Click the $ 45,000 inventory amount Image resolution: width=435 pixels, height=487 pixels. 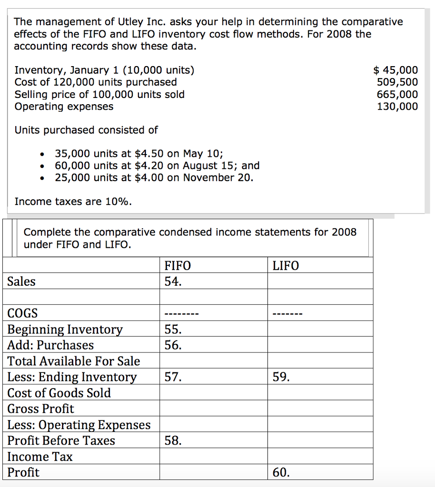395,70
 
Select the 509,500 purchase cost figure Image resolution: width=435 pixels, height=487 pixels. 397,82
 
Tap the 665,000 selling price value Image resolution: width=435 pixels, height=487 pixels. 397,94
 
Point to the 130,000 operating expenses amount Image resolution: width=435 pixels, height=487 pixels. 397,106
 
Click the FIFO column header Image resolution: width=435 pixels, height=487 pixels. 177,265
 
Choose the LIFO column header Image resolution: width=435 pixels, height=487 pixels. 286,265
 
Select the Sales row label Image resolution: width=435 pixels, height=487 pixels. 21,282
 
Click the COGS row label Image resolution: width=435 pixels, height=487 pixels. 22,313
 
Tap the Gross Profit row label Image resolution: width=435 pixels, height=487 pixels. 41,409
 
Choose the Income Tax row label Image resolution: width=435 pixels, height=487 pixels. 40,457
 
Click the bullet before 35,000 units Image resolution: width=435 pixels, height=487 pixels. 43,154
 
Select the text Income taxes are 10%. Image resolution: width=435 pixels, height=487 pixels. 73,201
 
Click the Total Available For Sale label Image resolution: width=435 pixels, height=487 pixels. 74,361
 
